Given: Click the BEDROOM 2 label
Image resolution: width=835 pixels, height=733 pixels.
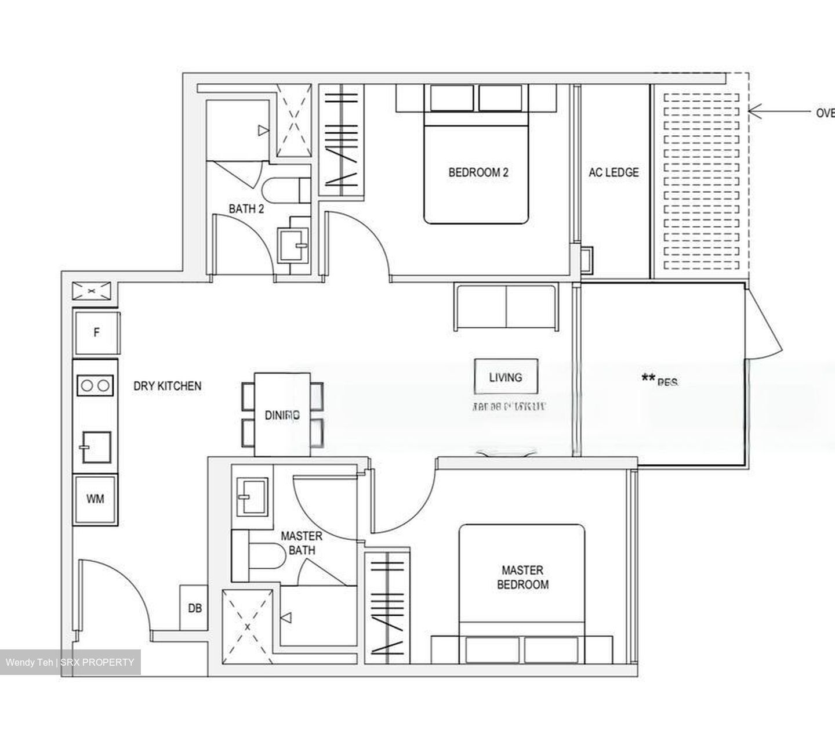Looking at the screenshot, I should coord(478,172).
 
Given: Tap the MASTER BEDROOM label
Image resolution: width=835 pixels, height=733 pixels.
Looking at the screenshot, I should coord(522,577).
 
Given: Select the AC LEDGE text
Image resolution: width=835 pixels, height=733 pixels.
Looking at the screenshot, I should coord(613,172).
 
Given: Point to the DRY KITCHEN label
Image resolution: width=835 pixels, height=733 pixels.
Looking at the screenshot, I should coord(167,386).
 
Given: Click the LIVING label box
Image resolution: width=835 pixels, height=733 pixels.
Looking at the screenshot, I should coord(506,377).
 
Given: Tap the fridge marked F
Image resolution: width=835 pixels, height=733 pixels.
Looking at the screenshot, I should coord(97,333).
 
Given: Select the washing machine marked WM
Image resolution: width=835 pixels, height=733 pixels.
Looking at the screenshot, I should coord(96,499).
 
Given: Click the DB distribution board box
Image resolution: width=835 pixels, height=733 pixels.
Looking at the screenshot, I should coord(195,608).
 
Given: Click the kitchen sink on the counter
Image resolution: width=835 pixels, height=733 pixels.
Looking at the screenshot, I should coord(96,446).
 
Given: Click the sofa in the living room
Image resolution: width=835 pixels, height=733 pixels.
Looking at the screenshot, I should coord(506,307).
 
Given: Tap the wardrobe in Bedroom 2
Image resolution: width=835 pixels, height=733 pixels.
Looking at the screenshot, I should coord(341,139).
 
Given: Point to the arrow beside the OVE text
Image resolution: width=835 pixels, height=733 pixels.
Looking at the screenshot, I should coord(777,110).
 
